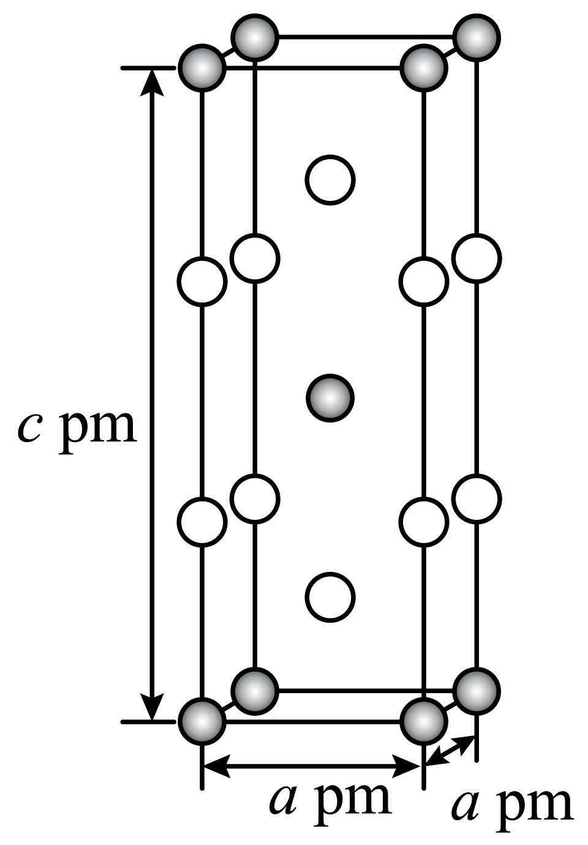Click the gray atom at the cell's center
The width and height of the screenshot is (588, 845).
pyautogui.click(x=330, y=398)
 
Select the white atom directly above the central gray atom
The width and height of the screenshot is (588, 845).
pyautogui.click(x=330, y=179)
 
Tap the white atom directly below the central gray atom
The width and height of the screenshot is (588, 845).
pyautogui.click(x=330, y=597)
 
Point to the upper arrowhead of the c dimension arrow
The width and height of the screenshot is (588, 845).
pyautogui.click(x=152, y=83)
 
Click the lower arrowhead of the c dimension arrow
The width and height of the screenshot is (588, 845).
pyautogui.click(x=152, y=708)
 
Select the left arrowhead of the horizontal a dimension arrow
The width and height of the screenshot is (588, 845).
pyautogui.click(x=217, y=766)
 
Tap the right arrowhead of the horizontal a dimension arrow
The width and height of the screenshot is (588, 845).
pyautogui.click(x=406, y=766)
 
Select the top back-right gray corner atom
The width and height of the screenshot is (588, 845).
pyautogui.click(x=477, y=38)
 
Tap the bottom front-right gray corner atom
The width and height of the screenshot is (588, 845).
pyautogui.click(x=424, y=721)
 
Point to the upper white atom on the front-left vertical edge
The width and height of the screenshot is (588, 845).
pyautogui.click(x=202, y=282)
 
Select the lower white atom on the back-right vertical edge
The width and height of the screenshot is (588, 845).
pyautogui.click(x=477, y=498)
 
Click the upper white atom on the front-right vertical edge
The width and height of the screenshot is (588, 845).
pyautogui.click(x=424, y=282)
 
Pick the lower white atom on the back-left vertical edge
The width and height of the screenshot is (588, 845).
pyautogui.click(x=255, y=498)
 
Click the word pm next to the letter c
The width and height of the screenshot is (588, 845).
pyautogui.click(x=97, y=434)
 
